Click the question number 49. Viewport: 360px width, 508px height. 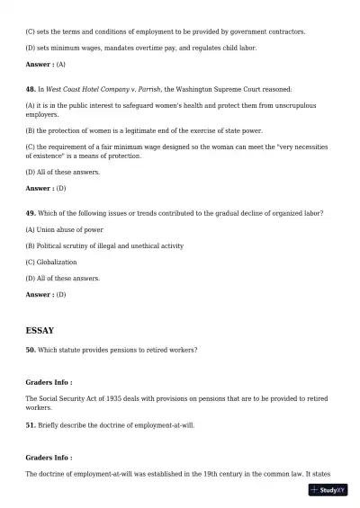[30, 212]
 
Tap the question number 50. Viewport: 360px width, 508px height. [30, 349]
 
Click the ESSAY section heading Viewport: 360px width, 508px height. [40, 331]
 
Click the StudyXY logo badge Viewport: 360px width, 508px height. [328, 490]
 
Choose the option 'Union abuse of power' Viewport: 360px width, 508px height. [64, 229]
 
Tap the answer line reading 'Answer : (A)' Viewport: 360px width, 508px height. [46, 65]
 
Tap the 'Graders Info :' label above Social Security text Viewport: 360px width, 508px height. [49, 382]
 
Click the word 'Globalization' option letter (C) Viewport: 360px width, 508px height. [31, 262]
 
